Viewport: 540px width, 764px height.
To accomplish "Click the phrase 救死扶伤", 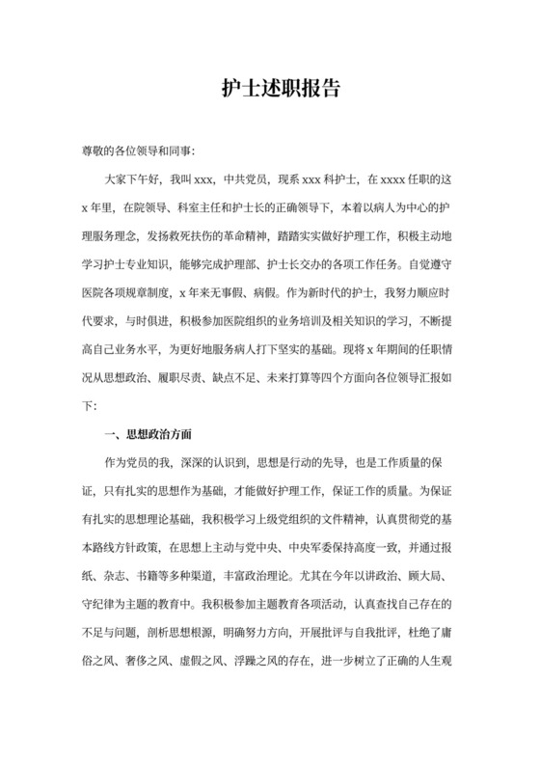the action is point(205,232).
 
